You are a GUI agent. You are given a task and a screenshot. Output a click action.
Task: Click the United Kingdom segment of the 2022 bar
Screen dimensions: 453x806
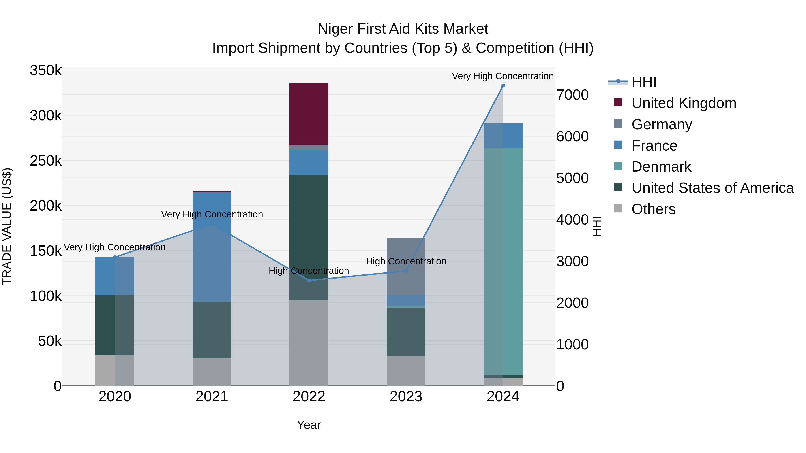coord(309,113)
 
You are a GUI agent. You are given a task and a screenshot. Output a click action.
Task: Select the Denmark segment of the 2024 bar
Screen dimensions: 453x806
coord(503,261)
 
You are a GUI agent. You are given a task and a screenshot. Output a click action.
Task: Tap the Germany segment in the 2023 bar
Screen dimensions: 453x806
coord(406,266)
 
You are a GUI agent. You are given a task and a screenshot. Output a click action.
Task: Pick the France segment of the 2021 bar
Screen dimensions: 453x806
coord(212,247)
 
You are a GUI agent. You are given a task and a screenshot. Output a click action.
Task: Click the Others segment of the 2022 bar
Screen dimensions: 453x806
coord(309,343)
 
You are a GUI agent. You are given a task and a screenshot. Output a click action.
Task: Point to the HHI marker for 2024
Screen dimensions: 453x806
coord(503,86)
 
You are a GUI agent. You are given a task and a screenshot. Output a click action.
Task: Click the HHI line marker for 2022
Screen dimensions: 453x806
coord(309,281)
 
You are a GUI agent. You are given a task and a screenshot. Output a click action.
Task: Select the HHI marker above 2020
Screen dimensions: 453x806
coord(114,257)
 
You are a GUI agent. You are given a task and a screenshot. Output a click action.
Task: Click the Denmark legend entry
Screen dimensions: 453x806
coord(661,167)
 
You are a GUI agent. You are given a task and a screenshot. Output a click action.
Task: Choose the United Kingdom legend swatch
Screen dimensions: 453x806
coord(618,102)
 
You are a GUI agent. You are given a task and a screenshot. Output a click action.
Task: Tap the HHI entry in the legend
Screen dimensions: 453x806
coord(644,82)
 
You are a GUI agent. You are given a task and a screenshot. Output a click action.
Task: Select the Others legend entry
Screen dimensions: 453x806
coord(653,209)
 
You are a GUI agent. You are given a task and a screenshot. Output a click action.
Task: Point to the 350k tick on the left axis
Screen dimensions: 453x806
coord(46,70)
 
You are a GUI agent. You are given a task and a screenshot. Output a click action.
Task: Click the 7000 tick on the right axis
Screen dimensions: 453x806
coord(572,95)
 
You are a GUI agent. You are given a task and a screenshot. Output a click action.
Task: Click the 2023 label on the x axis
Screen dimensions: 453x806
coord(406,397)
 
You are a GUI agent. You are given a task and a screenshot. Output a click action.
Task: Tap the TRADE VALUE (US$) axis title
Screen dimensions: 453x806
coord(7,226)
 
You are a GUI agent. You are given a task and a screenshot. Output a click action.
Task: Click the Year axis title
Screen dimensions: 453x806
coord(309,425)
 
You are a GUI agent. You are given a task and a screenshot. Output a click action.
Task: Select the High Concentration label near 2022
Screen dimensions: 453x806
coord(309,271)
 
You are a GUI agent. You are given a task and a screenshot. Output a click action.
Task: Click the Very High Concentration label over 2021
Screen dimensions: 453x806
coord(212,215)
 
